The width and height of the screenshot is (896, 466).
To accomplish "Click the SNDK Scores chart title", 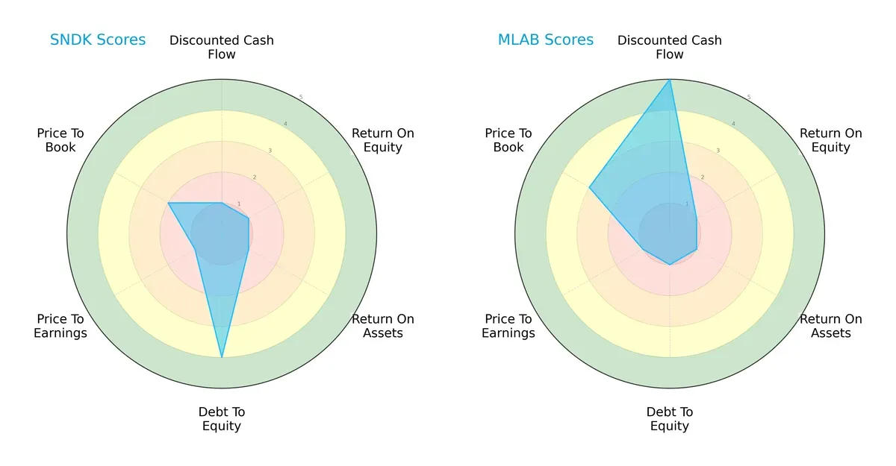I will click(97, 40).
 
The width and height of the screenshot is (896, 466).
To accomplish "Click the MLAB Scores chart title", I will click(545, 40).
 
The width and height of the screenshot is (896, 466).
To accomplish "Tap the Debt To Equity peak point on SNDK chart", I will click(222, 358).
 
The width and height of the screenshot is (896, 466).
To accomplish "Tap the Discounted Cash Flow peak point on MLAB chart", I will click(670, 80).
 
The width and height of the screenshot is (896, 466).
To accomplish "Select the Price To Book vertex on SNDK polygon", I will click(168, 203).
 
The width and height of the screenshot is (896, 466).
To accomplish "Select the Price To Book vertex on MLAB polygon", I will click(589, 188).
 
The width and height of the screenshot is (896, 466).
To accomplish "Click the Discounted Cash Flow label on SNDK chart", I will click(222, 47).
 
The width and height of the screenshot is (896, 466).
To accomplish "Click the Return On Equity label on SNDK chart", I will click(382, 140).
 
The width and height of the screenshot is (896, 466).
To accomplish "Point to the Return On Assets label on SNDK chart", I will click(382, 326).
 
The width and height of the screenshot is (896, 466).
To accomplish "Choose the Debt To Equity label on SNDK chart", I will click(222, 419).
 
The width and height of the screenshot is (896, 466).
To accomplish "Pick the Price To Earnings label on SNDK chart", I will click(60, 326).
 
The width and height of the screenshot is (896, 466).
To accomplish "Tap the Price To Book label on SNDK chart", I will click(60, 140).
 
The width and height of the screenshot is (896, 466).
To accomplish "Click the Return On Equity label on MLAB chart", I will click(830, 140).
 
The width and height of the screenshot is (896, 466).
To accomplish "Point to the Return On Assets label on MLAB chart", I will click(830, 326).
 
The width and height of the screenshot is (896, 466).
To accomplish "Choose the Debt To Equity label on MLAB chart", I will click(670, 419).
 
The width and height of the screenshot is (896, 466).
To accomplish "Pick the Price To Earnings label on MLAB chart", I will click(508, 326).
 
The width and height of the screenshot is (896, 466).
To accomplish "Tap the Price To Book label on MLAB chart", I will click(508, 140).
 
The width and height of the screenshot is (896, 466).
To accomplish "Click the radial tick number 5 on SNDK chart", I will click(301, 98).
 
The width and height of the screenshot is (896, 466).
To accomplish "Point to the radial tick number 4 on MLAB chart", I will click(733, 124).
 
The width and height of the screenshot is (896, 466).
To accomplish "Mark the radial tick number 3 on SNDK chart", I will click(270, 151).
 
